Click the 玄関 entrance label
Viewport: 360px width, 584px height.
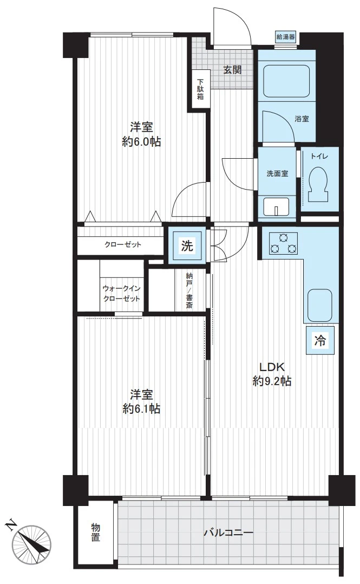(233, 70)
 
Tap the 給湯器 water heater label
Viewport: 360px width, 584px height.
(285, 37)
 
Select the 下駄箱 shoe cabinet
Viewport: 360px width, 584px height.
(200, 89)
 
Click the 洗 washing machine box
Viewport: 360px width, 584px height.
(187, 245)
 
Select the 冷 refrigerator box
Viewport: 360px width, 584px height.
(320, 340)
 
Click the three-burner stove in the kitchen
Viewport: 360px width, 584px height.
(283, 244)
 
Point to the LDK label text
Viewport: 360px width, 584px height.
(272, 367)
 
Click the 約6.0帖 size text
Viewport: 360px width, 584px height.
(141, 142)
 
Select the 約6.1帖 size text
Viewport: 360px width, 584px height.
(141, 409)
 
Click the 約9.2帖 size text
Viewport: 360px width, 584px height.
(272, 381)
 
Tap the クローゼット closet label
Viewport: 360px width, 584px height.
(123, 245)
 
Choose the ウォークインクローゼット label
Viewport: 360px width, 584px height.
(122, 294)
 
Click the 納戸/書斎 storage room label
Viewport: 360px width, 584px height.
(189, 291)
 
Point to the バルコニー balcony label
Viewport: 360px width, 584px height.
(228, 533)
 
